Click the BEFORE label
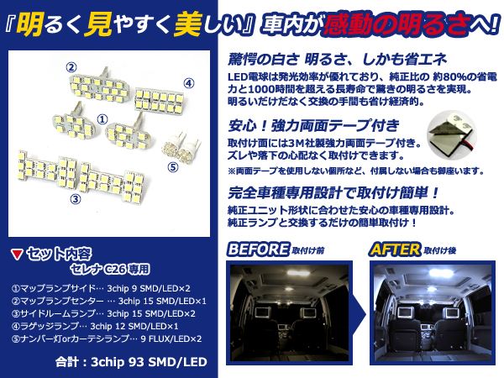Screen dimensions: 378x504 coord(256,250)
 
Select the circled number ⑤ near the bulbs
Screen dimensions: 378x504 coord(173,166)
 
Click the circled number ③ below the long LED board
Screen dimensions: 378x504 coord(75,199)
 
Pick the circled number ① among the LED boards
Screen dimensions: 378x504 coord(102,120)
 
